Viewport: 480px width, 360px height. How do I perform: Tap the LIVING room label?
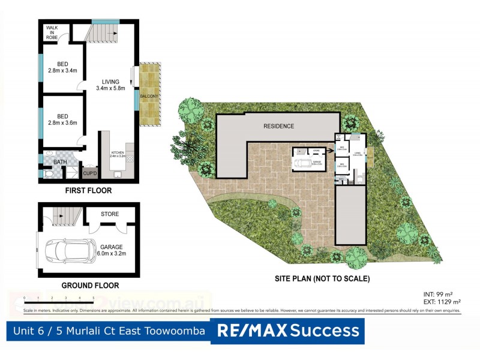tap(111, 82)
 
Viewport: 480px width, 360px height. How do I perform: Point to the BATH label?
tap(60, 162)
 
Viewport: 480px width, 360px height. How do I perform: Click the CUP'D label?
tap(91, 173)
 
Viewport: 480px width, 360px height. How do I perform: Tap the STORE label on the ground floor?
tap(110, 214)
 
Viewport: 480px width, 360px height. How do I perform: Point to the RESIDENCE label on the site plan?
tap(279, 126)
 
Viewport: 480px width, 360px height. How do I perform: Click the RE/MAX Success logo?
tap(289, 330)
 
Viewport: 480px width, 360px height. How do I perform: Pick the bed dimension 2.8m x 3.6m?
tap(63, 123)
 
